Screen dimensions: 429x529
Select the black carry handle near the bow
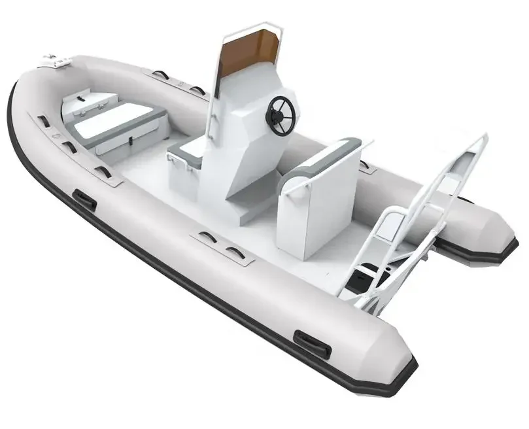[85, 199]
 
